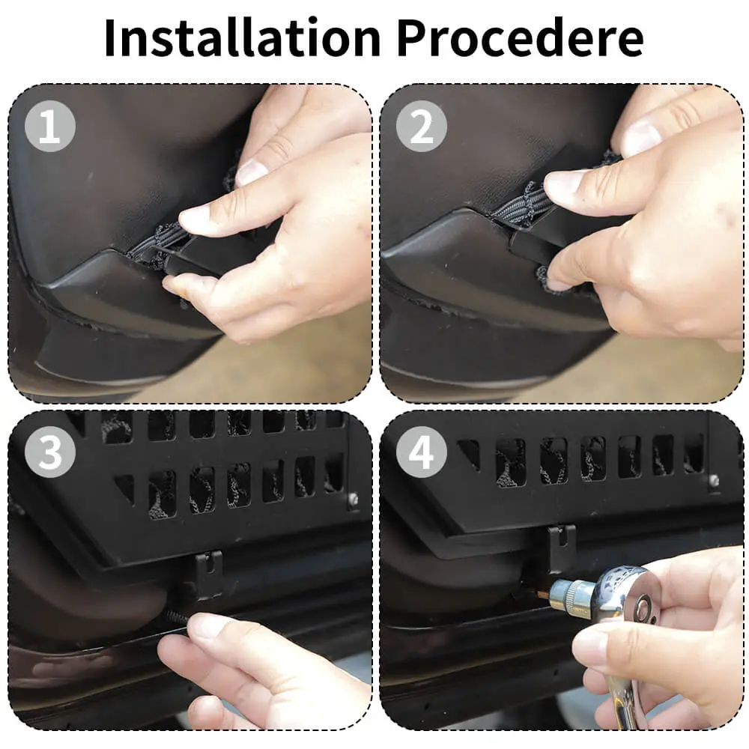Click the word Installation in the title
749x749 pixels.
coord(243,37)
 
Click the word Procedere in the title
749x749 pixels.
coord(521,37)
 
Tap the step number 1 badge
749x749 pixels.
coord(50,127)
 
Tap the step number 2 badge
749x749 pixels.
coord(421,127)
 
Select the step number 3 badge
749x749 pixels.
coord(50,452)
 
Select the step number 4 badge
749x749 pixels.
coord(421,452)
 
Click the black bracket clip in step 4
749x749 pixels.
coord(562,548)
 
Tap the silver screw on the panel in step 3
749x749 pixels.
coord(353,498)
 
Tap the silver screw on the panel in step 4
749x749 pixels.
coord(714,480)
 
